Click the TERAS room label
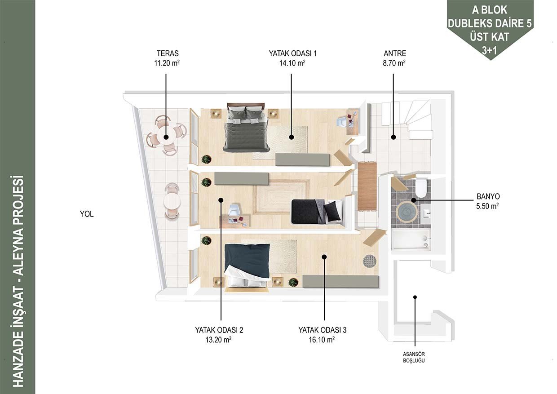coord(168,53)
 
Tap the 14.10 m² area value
coord(292,63)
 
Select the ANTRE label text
coord(395,53)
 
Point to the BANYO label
coord(488,196)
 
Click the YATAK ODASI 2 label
coord(219,330)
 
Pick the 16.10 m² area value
coord(322,340)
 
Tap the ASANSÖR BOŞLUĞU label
coord(414,357)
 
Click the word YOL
coord(87,214)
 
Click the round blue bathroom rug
coord(407,212)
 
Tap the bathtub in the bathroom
coord(411,239)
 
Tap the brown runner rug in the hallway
coord(367,186)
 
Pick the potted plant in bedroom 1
coord(206,159)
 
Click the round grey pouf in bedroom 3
coord(369,261)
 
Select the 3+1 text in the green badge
coord(489,50)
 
